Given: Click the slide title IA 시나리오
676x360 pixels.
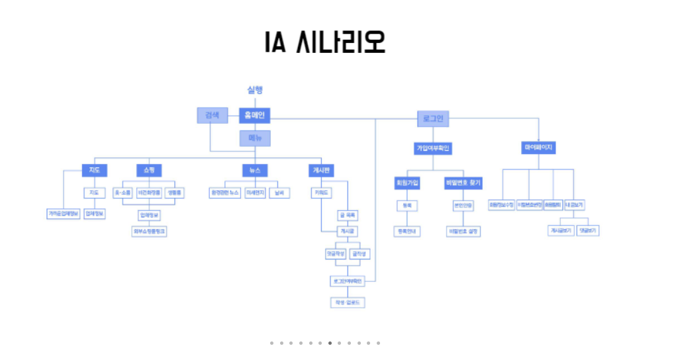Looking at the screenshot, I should click(324, 42).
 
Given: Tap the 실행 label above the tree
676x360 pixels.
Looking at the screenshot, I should click(255, 90).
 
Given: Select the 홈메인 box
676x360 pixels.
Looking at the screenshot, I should click(254, 116).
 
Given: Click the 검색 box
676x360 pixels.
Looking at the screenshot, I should click(212, 116).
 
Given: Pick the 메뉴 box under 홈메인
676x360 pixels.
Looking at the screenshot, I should click(255, 138).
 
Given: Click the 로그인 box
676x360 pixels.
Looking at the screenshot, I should click(433, 119).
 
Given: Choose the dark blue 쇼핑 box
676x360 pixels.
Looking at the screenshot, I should click(144, 170).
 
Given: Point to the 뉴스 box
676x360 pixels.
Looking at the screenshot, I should click(255, 170).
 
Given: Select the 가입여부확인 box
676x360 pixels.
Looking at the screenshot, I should click(433, 148).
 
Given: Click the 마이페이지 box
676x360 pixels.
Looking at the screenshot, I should click(538, 148).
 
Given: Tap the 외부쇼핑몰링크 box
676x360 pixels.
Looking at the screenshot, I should click(149, 231).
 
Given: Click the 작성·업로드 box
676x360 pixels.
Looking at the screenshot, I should click(348, 302).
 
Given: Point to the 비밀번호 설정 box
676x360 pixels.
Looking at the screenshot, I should click(463, 231).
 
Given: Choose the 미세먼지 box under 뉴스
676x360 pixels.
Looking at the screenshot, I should click(255, 193).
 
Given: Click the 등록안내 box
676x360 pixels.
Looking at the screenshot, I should click(407, 231).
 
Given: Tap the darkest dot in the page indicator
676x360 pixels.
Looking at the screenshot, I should click(330, 343).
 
